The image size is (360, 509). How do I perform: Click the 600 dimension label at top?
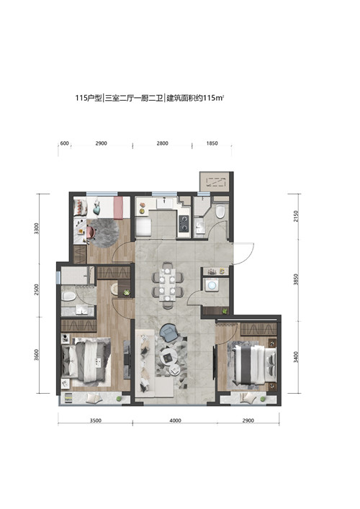65,143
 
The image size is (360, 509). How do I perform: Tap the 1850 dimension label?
212,143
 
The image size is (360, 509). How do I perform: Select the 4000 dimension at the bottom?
175,420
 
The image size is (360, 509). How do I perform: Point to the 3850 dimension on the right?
295,280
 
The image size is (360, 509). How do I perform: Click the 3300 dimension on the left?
36,228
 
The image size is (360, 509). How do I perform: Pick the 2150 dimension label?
295,216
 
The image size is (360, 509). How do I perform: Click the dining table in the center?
167,285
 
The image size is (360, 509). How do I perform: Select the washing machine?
212,285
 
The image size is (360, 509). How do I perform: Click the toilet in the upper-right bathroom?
220,211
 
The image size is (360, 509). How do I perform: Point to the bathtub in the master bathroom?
68,296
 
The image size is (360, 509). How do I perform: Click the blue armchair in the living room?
168,333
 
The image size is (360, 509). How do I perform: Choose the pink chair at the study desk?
91,231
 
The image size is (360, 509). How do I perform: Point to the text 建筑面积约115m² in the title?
195,98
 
